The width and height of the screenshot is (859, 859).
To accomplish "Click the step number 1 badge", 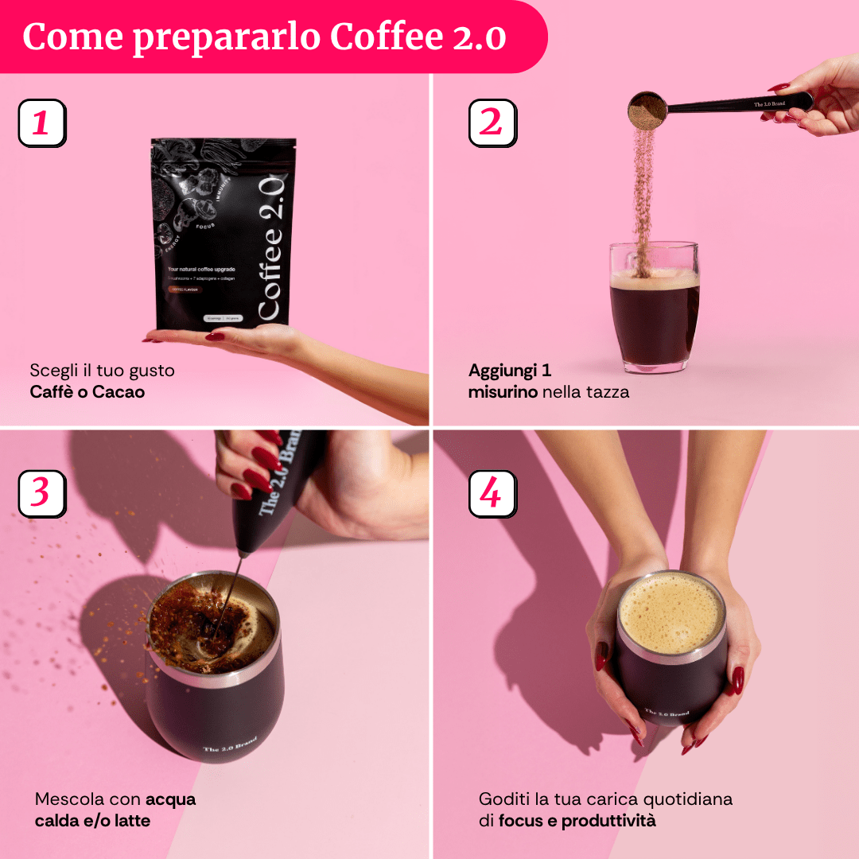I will pos(41,123).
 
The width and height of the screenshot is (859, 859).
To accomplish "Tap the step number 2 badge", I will pos(492,123).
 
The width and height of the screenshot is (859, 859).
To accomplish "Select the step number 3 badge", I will pos(41,493).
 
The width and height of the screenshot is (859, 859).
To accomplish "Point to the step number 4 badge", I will pos(492,493).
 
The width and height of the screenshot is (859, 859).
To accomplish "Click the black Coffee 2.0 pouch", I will pos(223,235).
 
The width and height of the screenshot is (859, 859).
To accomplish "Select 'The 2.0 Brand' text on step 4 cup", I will pos(667,713).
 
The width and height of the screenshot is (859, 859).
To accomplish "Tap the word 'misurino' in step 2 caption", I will pos(503,391).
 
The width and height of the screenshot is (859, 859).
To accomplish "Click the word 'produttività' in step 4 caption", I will pos(608,820).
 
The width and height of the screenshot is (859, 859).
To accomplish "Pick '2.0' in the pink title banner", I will pos(479,37).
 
